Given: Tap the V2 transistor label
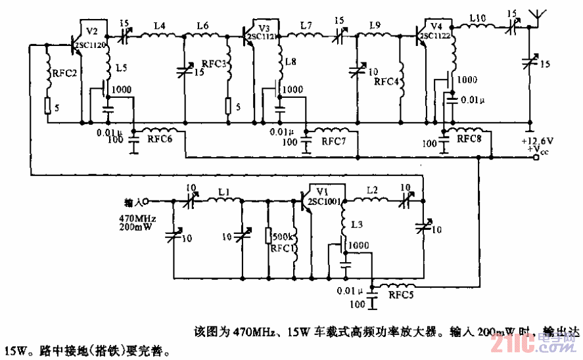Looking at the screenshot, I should pos(91,31).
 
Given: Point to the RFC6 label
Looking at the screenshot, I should pos(160,139).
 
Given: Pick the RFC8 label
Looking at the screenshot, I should pos(470,139).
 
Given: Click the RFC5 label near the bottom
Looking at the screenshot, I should pos(402,295).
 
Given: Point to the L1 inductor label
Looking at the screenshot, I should pos(224,190).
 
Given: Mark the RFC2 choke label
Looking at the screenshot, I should pos(66,73).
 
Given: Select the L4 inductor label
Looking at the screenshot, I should pos(160,26).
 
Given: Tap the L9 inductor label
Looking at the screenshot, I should pos(375,26).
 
